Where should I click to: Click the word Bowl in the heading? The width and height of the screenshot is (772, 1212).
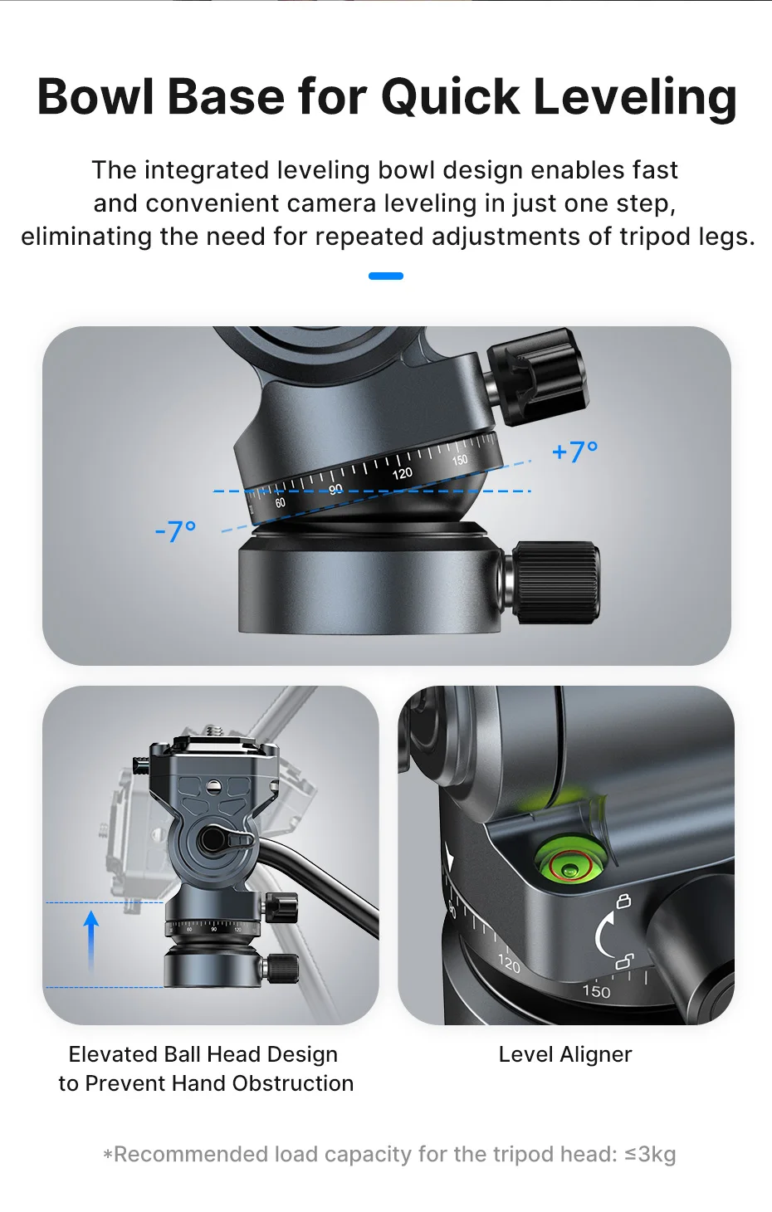tap(95, 97)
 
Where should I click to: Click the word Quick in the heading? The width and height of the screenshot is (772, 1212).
tap(450, 97)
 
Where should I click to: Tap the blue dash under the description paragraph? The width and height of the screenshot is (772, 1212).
tap(386, 276)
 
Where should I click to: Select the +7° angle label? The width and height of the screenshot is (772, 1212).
tap(574, 452)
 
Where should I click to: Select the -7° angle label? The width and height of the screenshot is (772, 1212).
tap(175, 531)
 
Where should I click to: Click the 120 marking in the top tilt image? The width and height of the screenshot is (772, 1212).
tap(402, 474)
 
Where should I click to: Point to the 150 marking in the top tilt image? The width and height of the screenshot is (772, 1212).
tap(460, 460)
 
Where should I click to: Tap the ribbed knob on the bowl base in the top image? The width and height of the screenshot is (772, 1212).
tap(555, 582)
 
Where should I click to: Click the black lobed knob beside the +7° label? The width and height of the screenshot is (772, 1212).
tap(537, 376)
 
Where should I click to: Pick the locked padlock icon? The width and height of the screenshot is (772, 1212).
tap(623, 901)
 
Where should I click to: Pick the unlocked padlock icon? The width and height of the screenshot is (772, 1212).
tap(625, 962)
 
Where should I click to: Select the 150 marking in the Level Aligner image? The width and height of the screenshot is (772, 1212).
tap(596, 991)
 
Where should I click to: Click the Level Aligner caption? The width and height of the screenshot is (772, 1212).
tap(565, 1054)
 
